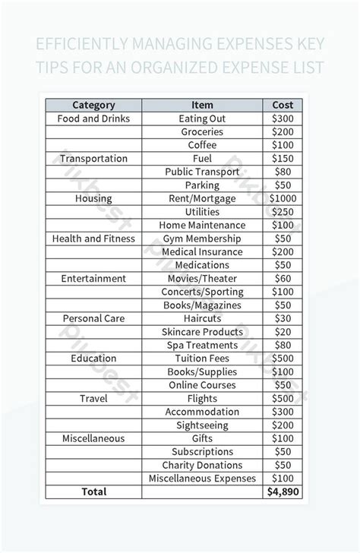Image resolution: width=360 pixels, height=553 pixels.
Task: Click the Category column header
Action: [93, 105]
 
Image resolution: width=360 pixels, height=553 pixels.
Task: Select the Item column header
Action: [202, 105]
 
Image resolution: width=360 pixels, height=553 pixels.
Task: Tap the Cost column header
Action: [283, 105]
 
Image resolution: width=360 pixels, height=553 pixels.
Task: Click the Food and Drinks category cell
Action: [93, 118]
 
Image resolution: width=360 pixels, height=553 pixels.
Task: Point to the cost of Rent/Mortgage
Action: [283, 198]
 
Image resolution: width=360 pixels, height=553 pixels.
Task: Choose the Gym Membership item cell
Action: [202, 239]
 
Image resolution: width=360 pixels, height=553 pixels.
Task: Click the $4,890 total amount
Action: [283, 492]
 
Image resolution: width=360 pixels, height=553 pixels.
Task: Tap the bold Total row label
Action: [93, 492]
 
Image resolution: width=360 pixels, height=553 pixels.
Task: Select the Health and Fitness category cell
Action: [93, 239]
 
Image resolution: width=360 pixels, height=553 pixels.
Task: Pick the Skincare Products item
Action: [202, 332]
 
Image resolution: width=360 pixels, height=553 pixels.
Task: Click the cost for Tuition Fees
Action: [283, 359]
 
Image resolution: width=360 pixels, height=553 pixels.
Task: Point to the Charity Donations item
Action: [202, 465]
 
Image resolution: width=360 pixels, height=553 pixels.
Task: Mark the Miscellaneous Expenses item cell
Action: [202, 479]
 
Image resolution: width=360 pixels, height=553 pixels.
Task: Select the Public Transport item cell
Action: [202, 172]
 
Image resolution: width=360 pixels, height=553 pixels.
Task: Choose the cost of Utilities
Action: [283, 212]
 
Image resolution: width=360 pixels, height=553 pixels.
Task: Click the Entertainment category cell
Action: [93, 279]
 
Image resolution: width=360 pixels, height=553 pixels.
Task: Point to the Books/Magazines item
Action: [202, 305]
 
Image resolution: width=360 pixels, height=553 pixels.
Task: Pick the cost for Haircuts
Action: [283, 318]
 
